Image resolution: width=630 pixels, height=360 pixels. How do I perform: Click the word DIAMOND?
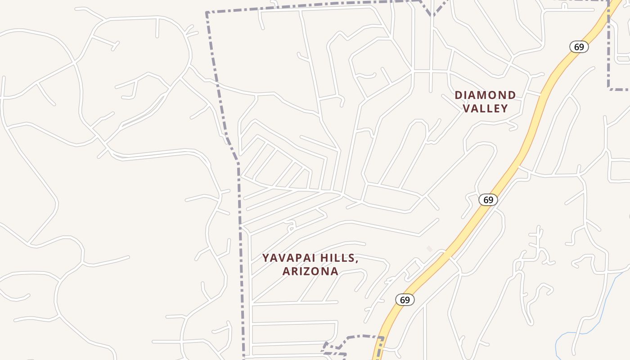coord(485,95)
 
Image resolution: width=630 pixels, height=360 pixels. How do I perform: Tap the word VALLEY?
coord(486,108)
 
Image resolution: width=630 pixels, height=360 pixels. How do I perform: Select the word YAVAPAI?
coord(291,258)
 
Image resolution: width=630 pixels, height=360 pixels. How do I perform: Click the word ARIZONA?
coord(310,271)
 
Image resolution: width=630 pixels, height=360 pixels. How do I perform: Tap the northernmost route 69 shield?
coord(579,47)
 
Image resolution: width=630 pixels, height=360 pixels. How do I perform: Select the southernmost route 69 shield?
coord(405,300)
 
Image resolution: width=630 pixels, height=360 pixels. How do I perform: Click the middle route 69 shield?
coord(488,199)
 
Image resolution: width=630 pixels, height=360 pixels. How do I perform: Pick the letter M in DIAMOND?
coord(484,95)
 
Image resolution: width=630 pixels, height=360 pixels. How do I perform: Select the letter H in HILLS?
coord(325,258)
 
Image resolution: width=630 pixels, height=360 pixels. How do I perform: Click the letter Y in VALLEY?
coord(505,108)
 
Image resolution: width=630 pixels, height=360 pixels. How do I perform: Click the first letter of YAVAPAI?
coord(266,258)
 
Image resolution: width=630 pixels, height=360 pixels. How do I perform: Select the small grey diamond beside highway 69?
coord(429,249)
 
